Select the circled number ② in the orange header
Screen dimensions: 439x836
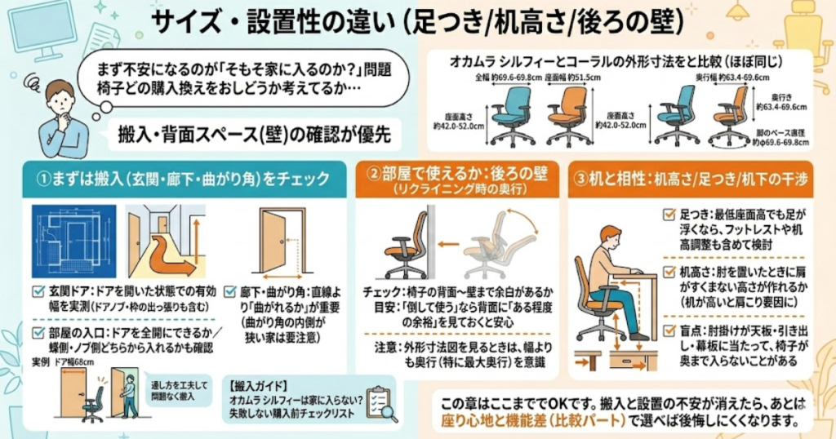373,175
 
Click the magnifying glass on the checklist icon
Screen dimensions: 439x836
385,411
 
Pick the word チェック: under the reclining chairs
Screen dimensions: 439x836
380,290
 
